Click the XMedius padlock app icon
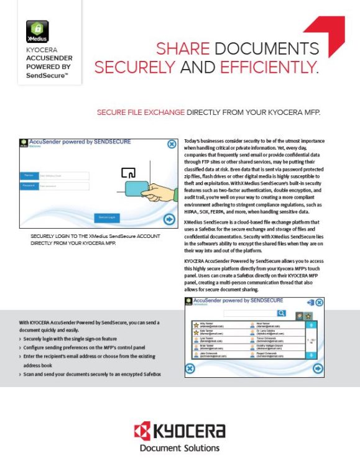[37, 31]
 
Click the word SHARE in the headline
[182, 48]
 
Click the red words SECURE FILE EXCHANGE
[141, 112]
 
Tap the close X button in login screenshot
[172, 144]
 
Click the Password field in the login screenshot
[50, 185]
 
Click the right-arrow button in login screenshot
[168, 219]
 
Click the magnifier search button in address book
[282, 313]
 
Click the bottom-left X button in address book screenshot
[191, 368]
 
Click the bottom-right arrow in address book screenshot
[318, 368]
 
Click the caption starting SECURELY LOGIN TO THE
[95, 240]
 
